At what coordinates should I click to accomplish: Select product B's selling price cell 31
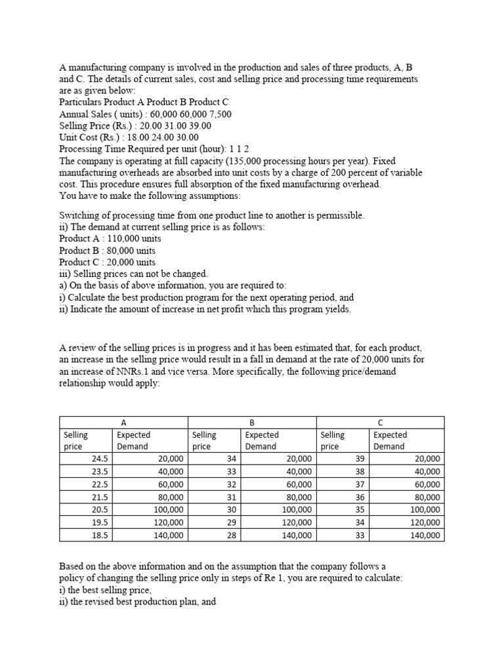coord(230,497)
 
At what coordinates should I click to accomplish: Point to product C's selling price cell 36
coord(359,497)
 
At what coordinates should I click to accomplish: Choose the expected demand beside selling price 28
coord(299,535)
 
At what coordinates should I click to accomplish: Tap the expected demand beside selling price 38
coord(427,472)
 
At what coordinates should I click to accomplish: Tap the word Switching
coord(80,215)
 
